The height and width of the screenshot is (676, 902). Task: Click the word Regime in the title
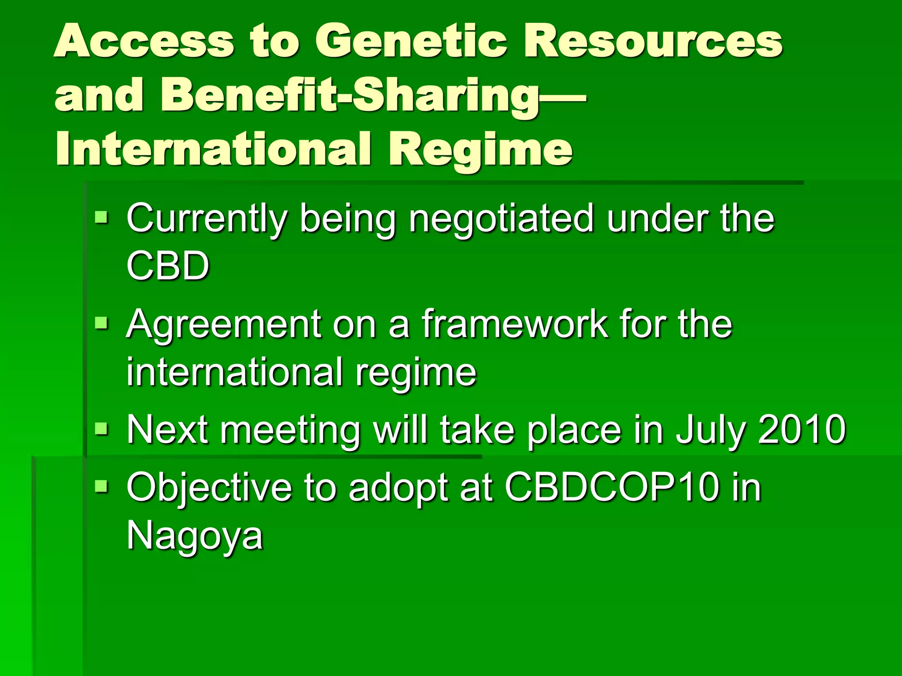pyautogui.click(x=480, y=150)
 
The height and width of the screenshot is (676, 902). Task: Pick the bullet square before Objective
pyautogui.click(x=102, y=486)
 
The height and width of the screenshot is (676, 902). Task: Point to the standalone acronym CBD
pyautogui.click(x=168, y=266)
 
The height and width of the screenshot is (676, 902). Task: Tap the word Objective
pyautogui.click(x=209, y=488)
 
